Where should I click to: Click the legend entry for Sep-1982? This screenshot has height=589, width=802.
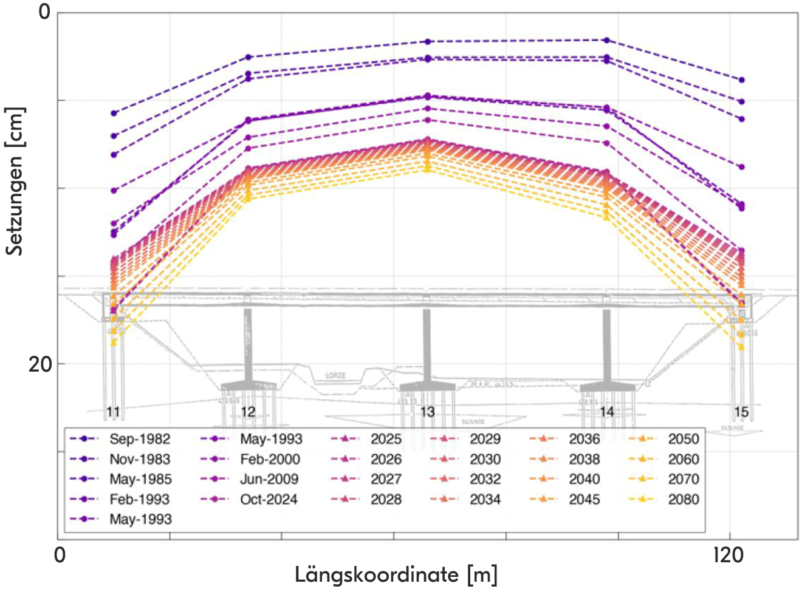(x=139, y=439)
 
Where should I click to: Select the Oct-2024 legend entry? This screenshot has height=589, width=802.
(x=269, y=499)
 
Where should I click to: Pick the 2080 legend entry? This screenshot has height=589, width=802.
(x=684, y=499)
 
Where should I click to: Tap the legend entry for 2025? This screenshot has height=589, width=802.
(x=386, y=439)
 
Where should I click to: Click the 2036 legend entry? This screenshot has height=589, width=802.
(x=584, y=439)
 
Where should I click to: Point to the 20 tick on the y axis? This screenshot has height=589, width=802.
(x=40, y=364)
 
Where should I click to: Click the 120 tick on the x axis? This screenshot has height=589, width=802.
(x=728, y=555)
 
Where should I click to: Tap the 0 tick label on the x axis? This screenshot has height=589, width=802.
(x=60, y=555)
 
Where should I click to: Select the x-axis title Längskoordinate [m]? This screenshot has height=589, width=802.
(x=396, y=574)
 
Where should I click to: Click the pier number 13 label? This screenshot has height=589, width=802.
(x=428, y=412)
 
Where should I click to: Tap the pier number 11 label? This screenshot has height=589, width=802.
(x=113, y=412)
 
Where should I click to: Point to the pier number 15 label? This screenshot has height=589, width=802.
(x=741, y=412)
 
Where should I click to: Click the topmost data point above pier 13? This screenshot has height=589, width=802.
(x=428, y=41)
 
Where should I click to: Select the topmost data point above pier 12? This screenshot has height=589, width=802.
(x=248, y=57)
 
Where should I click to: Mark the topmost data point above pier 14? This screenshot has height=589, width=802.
(x=606, y=40)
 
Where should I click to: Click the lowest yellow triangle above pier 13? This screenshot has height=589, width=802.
(x=428, y=169)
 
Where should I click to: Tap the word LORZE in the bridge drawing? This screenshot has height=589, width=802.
(x=335, y=376)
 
